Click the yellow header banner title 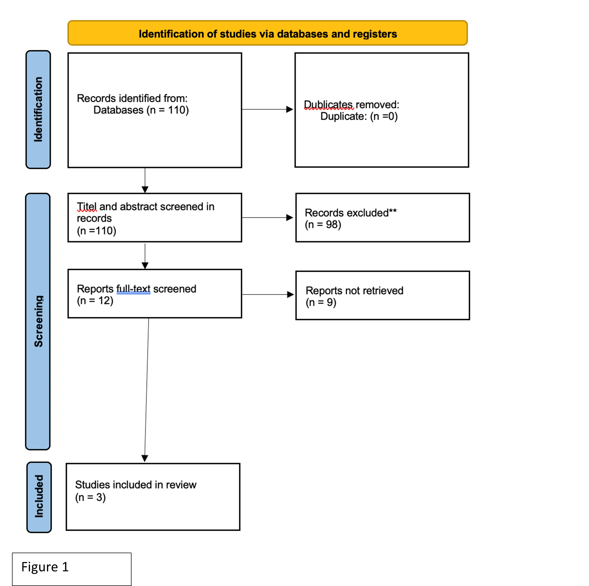(x=268, y=34)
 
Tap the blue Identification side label (x=38, y=109)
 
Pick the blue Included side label (x=39, y=497)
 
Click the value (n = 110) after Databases (x=168, y=110)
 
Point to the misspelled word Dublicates (x=329, y=105)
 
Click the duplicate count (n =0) (x=384, y=116)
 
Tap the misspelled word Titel (x=87, y=207)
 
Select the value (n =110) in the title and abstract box (x=97, y=231)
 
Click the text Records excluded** (x=351, y=213)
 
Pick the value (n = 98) (x=323, y=225)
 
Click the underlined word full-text (x=134, y=289)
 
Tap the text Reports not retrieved (x=354, y=291)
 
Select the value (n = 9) (x=321, y=302)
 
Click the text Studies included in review (x=136, y=485)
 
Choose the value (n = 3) (x=90, y=497)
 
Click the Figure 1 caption (x=45, y=567)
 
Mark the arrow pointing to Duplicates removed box (x=267, y=109)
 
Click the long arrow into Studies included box (x=147, y=390)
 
